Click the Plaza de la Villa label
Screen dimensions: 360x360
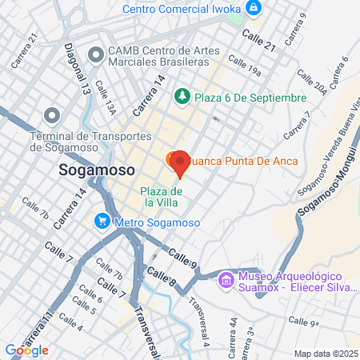(162, 196)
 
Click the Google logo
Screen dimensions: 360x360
(26, 350)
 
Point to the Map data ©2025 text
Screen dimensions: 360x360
(324, 354)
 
